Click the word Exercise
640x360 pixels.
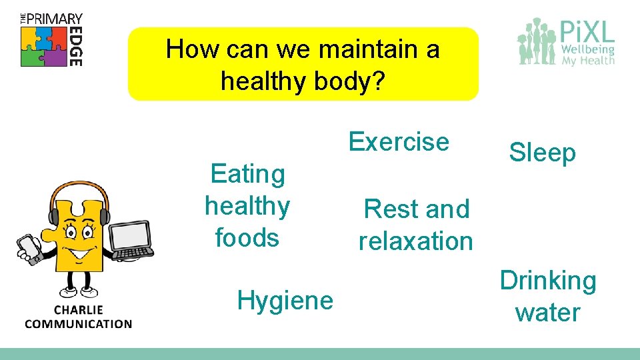(399, 142)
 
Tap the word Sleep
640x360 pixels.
(542, 153)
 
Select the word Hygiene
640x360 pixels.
(285, 301)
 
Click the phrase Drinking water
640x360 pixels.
(547, 296)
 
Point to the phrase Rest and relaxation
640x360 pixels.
(416, 225)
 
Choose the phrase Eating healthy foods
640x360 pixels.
(247, 205)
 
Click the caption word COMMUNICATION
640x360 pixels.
(79, 324)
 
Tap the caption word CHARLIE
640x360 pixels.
(79, 310)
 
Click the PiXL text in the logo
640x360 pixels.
(585, 31)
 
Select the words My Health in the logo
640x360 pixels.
(587, 61)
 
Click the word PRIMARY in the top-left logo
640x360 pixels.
(56, 19)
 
